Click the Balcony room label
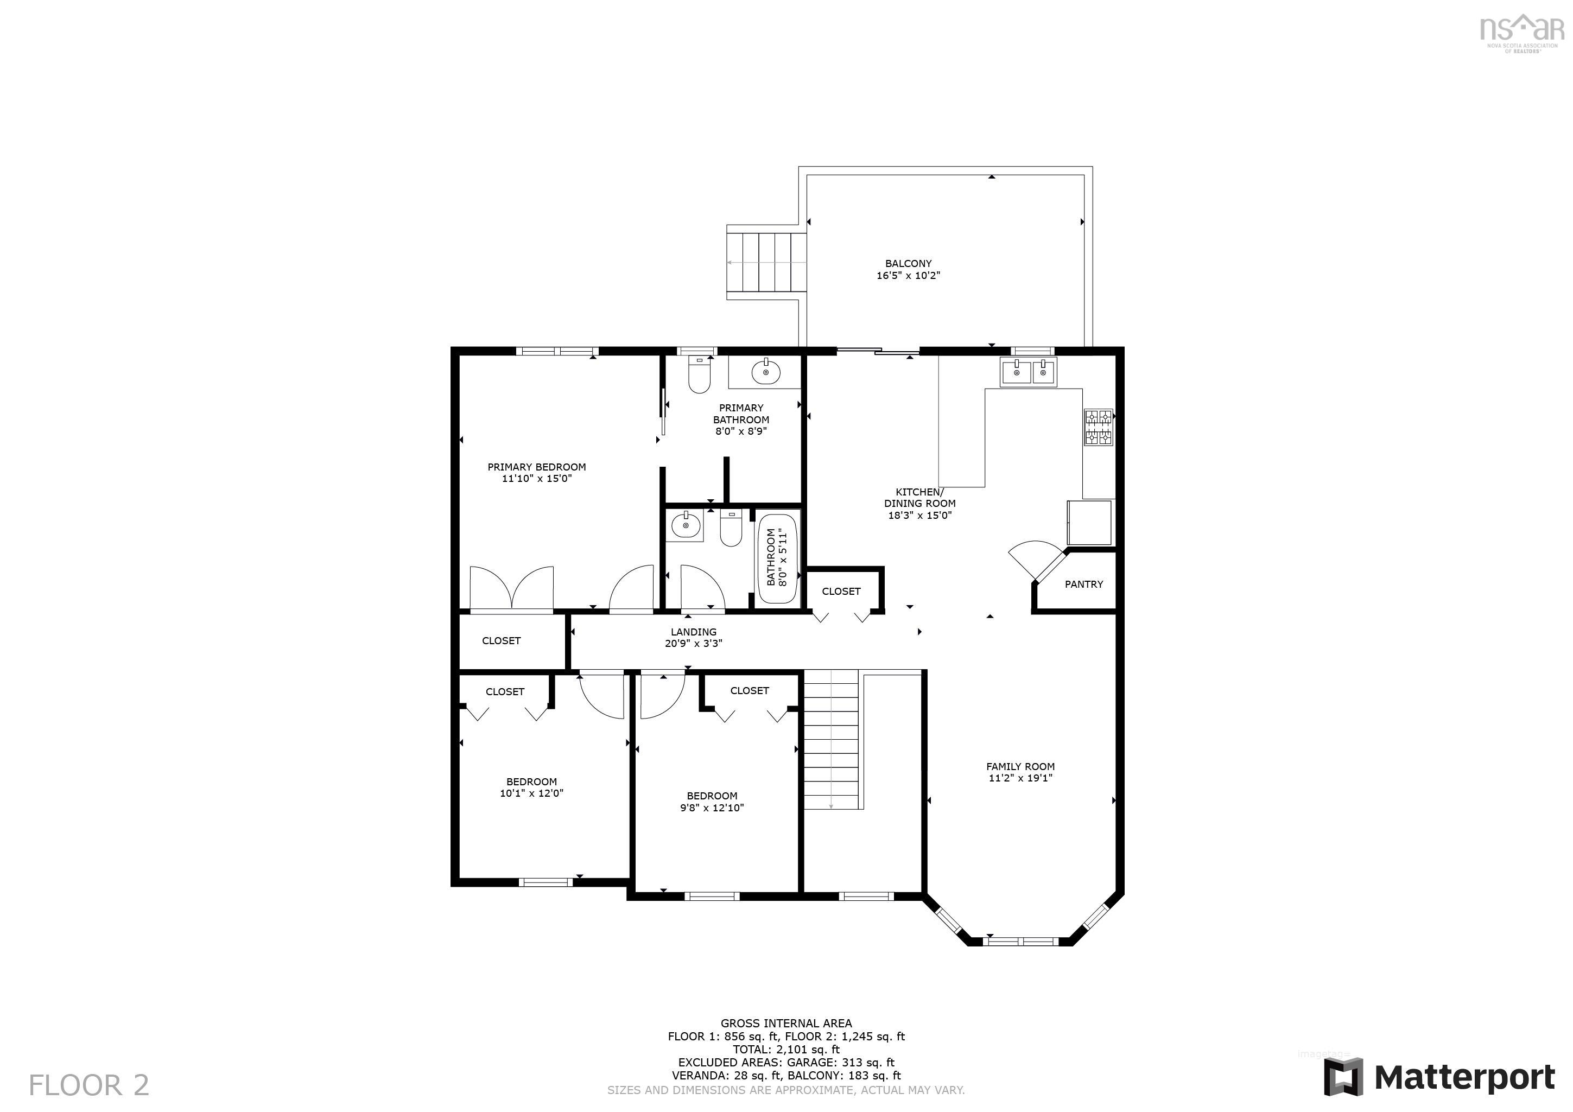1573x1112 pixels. click(908, 264)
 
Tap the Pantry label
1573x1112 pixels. click(1083, 584)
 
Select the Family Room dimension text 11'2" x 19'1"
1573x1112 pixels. click(1020, 778)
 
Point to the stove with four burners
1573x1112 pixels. click(1098, 427)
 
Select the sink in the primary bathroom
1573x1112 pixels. click(765, 373)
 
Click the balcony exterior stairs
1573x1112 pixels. click(768, 263)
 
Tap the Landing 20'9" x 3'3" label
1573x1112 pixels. click(693, 638)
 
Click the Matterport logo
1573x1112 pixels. click(1439, 1078)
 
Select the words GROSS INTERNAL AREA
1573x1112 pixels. click(786, 1024)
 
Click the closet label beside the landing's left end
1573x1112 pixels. click(501, 640)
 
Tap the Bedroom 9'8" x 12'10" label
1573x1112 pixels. click(712, 802)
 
